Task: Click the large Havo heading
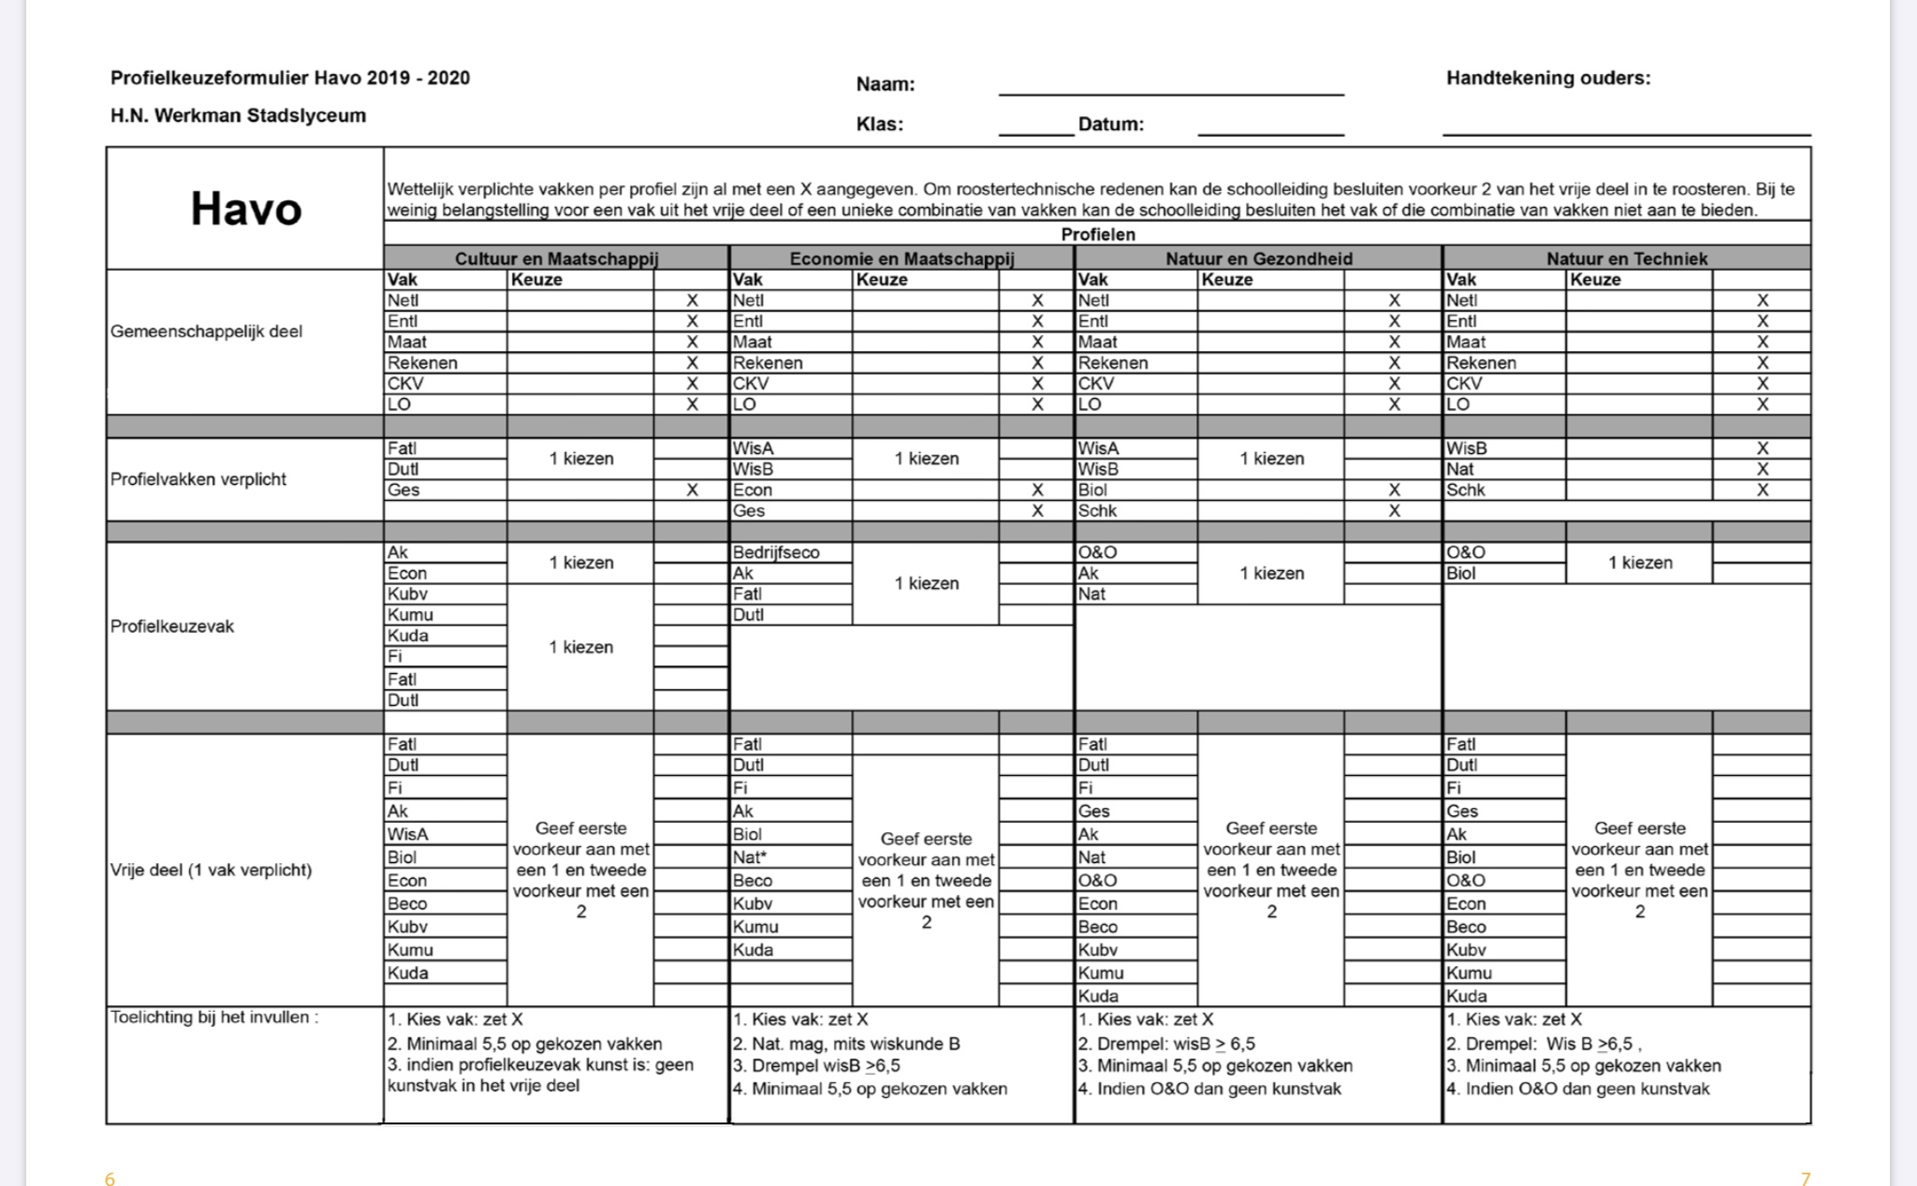click(x=246, y=209)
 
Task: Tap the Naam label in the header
click(x=885, y=84)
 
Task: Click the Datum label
click(x=1110, y=124)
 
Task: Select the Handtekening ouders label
click(x=1548, y=79)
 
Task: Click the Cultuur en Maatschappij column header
click(x=556, y=258)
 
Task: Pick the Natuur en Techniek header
click(x=1626, y=258)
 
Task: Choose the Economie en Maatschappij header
click(x=901, y=258)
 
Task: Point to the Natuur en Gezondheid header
click(x=1258, y=258)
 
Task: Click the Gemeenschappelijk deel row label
click(x=206, y=331)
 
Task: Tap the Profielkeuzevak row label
click(x=172, y=626)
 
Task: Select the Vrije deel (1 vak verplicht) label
click(x=211, y=870)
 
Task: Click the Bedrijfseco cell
click(x=776, y=552)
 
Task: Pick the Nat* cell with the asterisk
click(x=748, y=857)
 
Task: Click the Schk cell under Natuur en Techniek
click(x=1466, y=490)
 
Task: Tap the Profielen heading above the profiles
click(x=1097, y=234)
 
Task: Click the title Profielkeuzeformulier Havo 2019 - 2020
click(x=290, y=79)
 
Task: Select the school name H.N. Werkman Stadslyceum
click(x=238, y=116)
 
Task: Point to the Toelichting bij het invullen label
click(x=214, y=1018)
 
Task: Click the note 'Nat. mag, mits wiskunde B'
click(x=846, y=1044)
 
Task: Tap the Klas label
click(x=879, y=124)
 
